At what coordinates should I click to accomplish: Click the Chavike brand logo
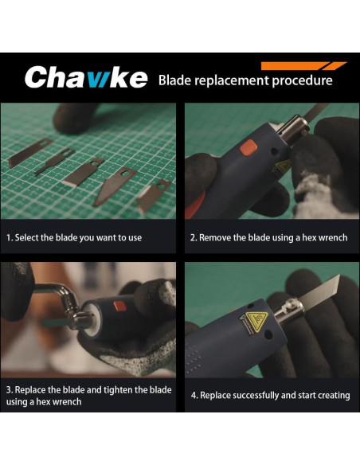click(85, 78)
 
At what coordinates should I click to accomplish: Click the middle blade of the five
click(80, 172)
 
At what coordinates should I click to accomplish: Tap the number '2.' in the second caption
click(194, 237)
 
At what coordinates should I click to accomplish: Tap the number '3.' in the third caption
click(10, 389)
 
